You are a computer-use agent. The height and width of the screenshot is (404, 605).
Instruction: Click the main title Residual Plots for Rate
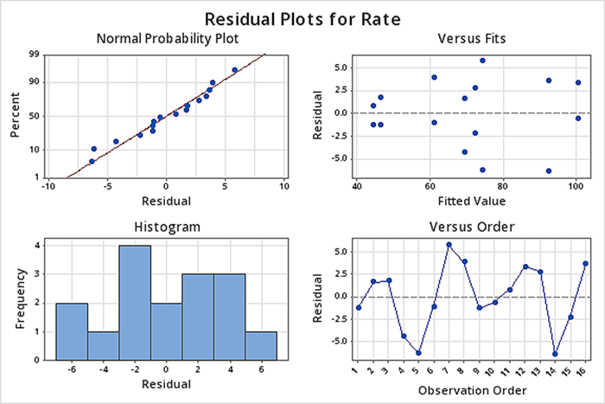(302, 18)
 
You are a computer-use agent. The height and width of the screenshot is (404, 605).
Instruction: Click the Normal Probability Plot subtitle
(168, 39)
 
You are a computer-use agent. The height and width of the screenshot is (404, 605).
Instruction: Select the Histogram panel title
(168, 227)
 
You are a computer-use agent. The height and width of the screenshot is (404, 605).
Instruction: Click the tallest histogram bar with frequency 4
(135, 303)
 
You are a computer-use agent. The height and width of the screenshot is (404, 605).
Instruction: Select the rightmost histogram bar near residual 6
(261, 345)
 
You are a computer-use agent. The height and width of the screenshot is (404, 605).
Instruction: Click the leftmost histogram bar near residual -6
(72, 330)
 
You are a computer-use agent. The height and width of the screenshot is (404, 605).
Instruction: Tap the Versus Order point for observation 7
(449, 245)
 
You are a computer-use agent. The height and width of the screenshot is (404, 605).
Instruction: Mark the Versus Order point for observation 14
(555, 354)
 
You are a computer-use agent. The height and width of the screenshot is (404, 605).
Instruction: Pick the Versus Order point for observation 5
(418, 353)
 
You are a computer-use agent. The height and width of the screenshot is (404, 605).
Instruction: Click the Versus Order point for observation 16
(585, 264)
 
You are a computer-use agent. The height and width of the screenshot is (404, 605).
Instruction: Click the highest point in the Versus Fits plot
(482, 61)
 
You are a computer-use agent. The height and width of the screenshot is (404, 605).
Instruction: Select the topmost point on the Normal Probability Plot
(234, 70)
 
